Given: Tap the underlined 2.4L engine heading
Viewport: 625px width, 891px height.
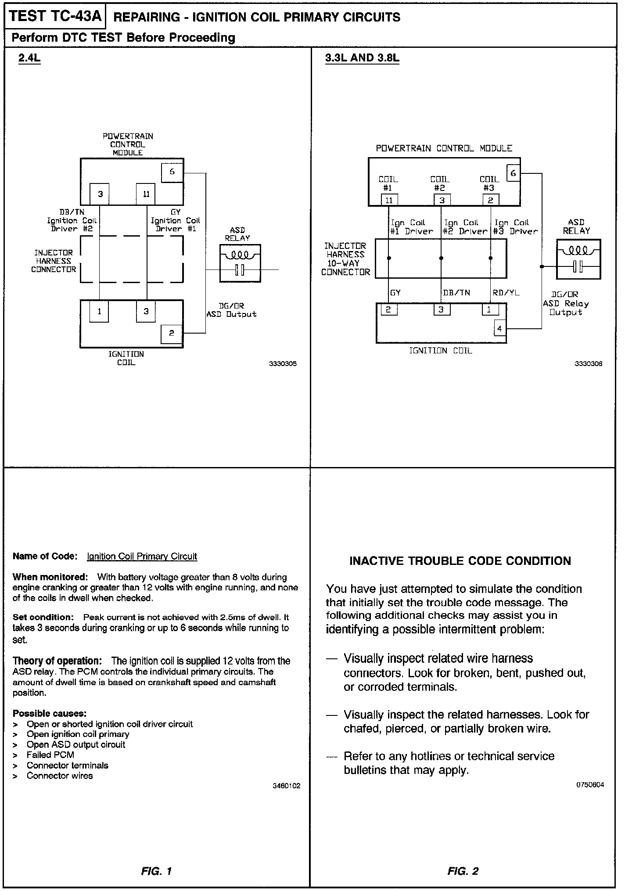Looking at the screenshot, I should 29,58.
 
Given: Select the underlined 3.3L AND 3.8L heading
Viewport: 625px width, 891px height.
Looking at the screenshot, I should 362,58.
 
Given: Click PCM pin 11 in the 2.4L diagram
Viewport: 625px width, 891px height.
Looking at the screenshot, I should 146,194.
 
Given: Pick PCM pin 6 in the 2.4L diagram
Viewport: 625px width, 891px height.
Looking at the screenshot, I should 172,172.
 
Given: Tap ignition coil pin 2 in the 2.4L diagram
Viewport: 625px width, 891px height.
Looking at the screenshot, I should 172,333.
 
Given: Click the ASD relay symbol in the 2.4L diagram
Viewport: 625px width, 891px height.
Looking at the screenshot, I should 240,263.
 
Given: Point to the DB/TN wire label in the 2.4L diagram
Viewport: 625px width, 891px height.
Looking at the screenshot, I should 72,212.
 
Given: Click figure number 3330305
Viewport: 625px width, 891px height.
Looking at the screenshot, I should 283,363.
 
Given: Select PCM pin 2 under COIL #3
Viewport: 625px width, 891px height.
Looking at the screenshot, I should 490,200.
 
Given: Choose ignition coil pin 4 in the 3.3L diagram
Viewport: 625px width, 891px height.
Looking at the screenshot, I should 500,328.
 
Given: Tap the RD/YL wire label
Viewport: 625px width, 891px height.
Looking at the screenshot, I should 506,292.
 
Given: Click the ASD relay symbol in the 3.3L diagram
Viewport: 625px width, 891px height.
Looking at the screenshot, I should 578,259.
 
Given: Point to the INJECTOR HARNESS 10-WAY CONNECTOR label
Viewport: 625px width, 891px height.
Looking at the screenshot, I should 346,259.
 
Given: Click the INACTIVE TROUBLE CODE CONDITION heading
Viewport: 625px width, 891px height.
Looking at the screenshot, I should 460,561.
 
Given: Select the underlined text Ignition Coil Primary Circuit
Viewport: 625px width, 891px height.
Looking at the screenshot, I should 142,557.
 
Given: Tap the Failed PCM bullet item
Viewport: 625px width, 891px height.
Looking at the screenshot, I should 50,755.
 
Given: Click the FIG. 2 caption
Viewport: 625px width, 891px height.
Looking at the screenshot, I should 463,871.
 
